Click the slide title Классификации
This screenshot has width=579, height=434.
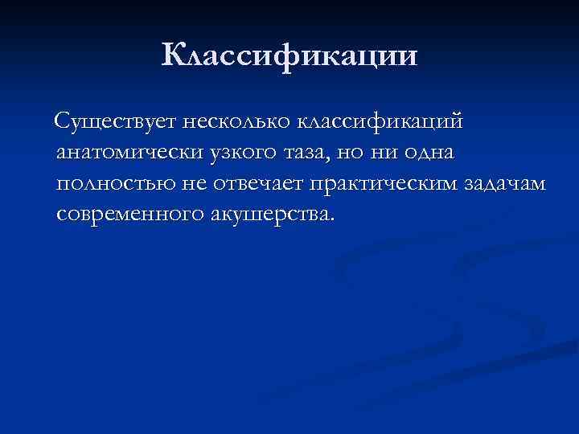click(x=289, y=55)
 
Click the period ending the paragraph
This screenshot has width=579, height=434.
click(x=327, y=220)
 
